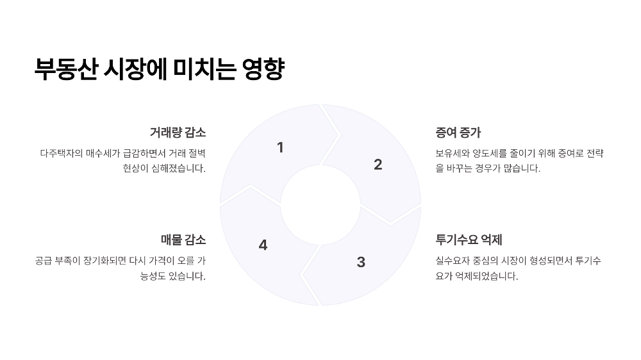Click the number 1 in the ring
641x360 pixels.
280,148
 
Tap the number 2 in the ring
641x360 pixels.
378,165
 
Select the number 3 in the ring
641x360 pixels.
361,262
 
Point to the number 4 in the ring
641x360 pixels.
263,245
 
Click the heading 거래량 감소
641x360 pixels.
178,133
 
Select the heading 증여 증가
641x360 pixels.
458,133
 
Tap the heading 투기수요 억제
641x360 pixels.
469,240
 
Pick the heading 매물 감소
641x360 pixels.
183,240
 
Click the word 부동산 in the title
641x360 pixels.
67,69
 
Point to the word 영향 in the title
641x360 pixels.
263,69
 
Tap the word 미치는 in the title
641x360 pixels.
204,69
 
